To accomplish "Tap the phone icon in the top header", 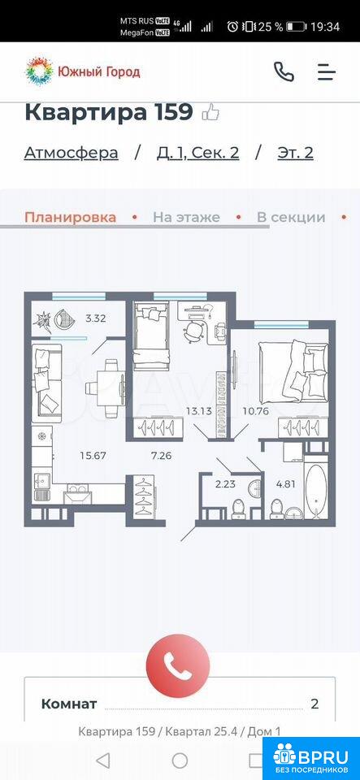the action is (284, 72).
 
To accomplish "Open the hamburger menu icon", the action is (327, 72).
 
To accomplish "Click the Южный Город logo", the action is (83, 71).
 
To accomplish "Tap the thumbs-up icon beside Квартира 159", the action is (210, 112).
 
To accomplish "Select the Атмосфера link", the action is (71, 153).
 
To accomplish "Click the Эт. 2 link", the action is (295, 153).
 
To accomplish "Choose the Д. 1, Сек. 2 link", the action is (198, 153).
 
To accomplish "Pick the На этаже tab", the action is (186, 218).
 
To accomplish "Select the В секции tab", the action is (291, 218).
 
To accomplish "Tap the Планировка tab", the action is (71, 218).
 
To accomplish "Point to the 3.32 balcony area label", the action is (95, 318).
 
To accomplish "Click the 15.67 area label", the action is (93, 455).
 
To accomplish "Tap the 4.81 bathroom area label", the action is (285, 483).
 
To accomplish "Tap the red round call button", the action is (177, 666).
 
